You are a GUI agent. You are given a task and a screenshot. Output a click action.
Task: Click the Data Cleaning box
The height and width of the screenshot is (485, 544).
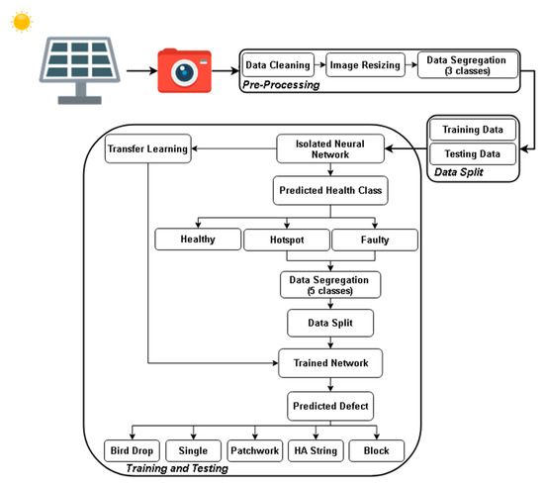tap(278, 66)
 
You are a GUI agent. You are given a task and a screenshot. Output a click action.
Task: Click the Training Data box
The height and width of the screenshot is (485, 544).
tap(473, 129)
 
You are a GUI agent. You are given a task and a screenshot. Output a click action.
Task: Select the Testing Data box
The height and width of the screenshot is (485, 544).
tap(473, 153)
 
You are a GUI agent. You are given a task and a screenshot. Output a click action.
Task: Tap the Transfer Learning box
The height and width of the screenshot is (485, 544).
tap(147, 149)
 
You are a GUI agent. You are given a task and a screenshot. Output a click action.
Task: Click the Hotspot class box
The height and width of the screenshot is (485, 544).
tap(285, 239)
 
